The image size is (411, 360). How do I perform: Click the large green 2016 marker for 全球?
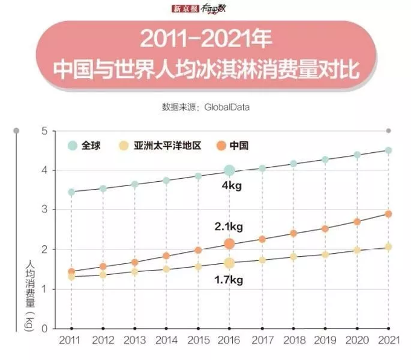coord(229,170)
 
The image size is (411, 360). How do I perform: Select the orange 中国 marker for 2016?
coord(229,243)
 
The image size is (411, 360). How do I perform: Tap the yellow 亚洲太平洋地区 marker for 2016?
coord(229,263)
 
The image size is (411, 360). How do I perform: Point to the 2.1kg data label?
coord(228,227)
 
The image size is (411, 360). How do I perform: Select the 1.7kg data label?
coord(228,280)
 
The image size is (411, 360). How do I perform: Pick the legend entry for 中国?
coord(233,146)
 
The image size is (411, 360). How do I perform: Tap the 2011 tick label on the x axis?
coord(71,341)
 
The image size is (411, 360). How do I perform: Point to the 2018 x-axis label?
coord(293,341)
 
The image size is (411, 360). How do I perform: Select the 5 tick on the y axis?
coord(44,131)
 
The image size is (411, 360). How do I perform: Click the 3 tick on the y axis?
coord(44,210)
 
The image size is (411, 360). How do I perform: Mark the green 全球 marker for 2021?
coord(389,150)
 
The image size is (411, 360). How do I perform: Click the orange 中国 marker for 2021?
coord(389,214)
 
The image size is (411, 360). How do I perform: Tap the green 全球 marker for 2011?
coord(71,192)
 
